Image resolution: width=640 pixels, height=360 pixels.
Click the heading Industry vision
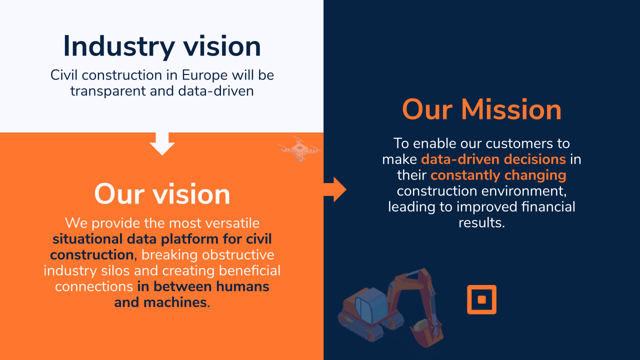click(x=162, y=46)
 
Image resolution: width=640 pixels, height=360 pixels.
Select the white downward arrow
click(x=162, y=143)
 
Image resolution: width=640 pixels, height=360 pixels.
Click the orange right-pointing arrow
click(x=335, y=189)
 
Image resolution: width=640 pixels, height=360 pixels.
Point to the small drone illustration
click(x=299, y=149)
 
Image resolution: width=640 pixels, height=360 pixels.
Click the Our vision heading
click(x=162, y=194)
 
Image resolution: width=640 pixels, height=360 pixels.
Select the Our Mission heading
click(x=481, y=109)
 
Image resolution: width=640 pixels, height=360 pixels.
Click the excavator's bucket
click(x=425, y=333)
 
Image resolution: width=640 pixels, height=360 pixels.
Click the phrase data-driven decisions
click(x=493, y=159)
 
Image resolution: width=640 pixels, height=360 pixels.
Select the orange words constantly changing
click(x=498, y=175)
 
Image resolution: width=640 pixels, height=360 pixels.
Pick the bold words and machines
click(x=162, y=302)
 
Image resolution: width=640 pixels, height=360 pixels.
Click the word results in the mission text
click(x=481, y=222)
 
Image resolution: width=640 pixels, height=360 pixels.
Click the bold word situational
click(x=87, y=239)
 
